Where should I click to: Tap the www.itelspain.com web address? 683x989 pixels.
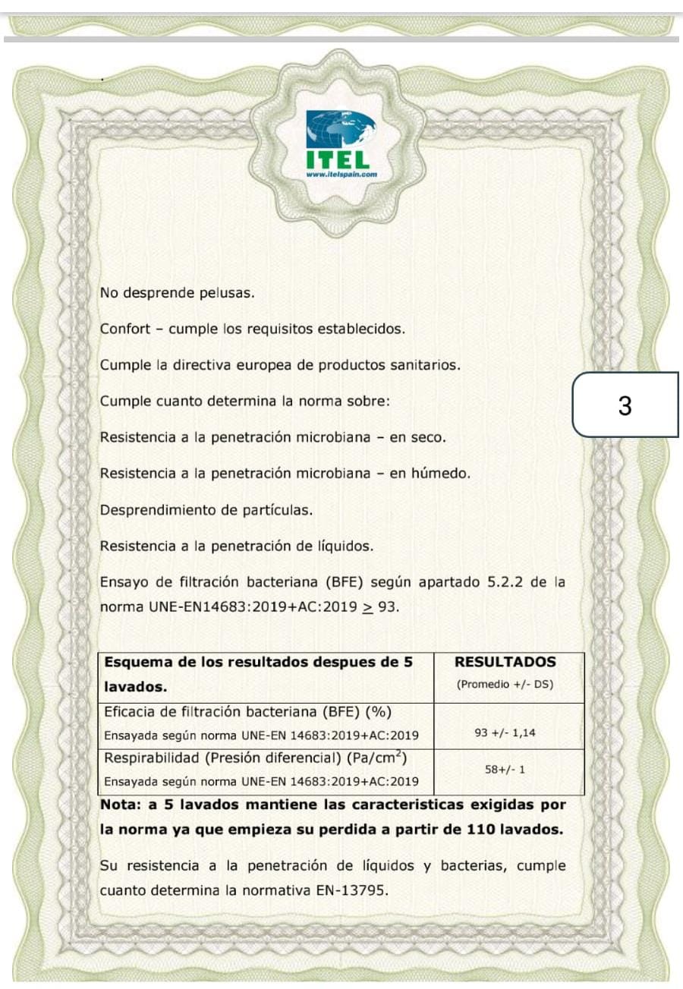[341, 174]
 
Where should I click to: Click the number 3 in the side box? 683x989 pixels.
[625, 407]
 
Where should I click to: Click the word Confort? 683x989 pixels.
[125, 329]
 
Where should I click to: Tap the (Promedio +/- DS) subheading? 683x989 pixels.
[505, 684]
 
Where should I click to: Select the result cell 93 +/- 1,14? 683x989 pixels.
[505, 734]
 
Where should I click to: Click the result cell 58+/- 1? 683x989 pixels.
[505, 769]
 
